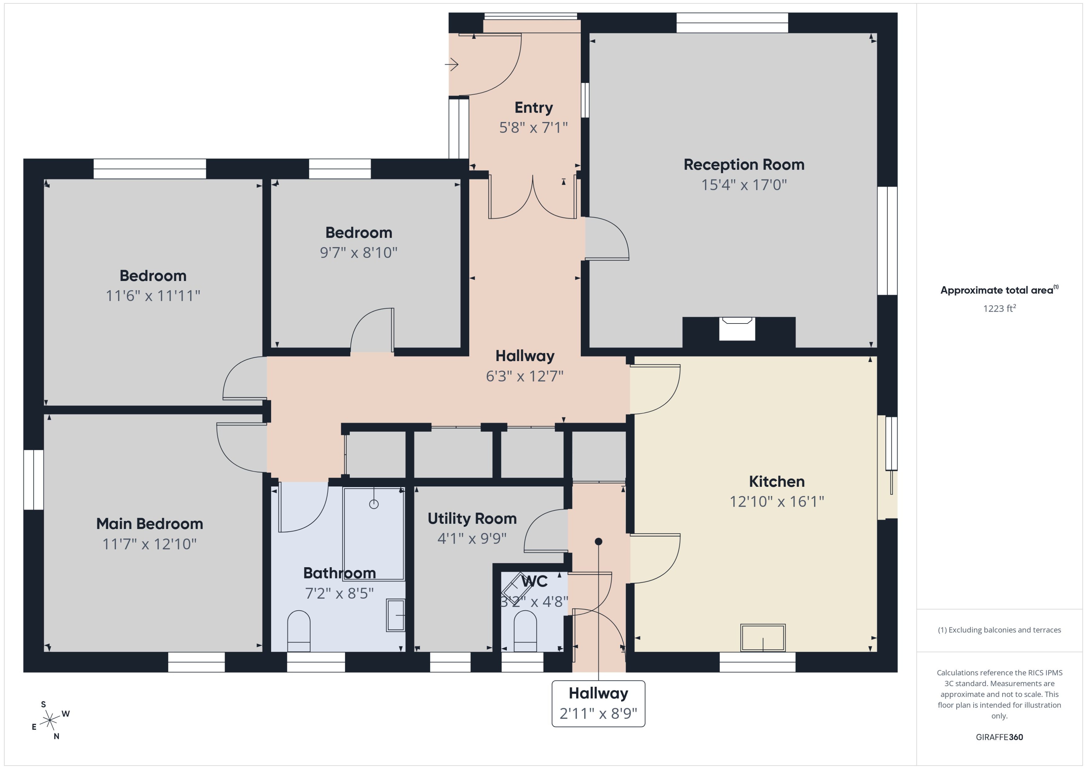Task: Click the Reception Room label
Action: coord(744,165)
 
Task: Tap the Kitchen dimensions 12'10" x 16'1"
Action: coord(777,501)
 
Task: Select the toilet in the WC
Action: coord(525,631)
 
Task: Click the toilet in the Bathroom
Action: coord(299,631)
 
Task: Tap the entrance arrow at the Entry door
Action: coord(452,64)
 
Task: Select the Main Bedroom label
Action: coord(150,524)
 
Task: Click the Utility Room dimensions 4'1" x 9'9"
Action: coord(472,538)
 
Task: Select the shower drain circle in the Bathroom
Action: coord(374,504)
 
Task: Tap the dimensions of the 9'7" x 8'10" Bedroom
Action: coord(358,253)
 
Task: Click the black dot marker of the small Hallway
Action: coord(598,541)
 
